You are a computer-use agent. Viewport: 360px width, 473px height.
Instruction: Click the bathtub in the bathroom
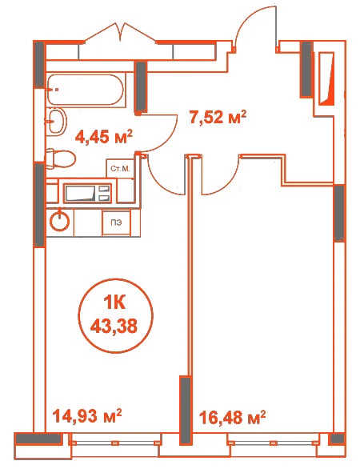click(86, 90)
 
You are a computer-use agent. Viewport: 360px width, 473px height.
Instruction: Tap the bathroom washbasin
click(57, 121)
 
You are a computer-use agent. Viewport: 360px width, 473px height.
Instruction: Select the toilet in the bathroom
click(61, 158)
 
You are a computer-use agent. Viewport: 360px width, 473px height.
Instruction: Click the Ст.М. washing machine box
click(120, 168)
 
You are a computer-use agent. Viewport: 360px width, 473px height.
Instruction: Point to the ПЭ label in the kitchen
click(116, 223)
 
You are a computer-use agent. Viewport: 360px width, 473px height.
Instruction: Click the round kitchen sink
click(60, 222)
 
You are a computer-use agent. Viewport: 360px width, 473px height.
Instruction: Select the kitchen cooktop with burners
click(87, 193)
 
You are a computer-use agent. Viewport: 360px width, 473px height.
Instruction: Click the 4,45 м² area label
click(104, 138)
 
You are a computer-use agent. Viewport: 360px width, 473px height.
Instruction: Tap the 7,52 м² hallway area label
click(218, 117)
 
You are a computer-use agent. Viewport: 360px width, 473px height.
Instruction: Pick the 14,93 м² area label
click(87, 416)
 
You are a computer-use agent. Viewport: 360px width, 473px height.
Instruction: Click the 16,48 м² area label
click(233, 418)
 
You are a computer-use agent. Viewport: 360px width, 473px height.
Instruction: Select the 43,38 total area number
click(114, 326)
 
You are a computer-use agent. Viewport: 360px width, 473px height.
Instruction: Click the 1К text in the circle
click(114, 303)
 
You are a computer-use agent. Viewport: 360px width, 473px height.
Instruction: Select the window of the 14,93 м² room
click(114, 443)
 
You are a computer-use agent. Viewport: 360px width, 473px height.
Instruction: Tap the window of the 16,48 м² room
click(274, 443)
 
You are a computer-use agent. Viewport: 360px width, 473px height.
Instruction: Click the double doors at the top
click(122, 32)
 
